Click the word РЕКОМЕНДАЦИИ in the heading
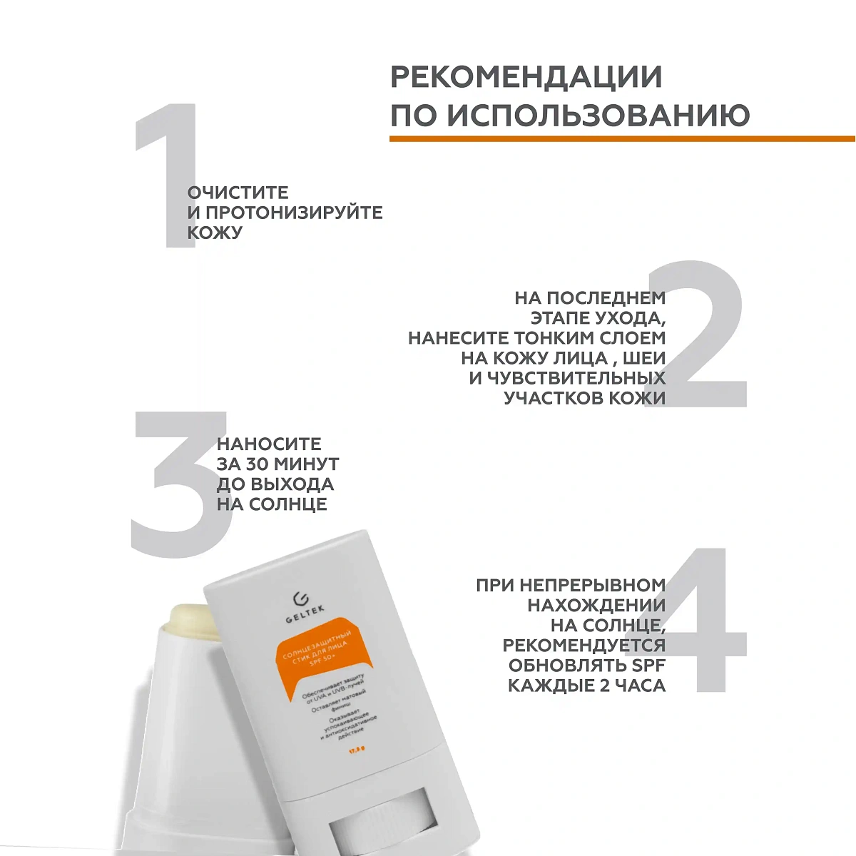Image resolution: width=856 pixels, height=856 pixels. [526, 77]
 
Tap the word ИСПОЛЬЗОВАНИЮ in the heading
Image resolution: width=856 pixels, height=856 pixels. [598, 115]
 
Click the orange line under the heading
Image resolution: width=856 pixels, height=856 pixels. [621, 138]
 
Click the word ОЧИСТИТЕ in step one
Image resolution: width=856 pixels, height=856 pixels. [238, 193]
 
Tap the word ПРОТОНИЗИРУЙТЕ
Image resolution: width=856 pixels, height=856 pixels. [295, 213]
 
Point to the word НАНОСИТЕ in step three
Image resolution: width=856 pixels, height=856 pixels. [269, 444]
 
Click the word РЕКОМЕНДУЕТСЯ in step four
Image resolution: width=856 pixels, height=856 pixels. [584, 646]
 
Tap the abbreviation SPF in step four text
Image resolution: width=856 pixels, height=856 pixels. [646, 666]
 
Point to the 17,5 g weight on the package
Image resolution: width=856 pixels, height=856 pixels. [357, 749]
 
